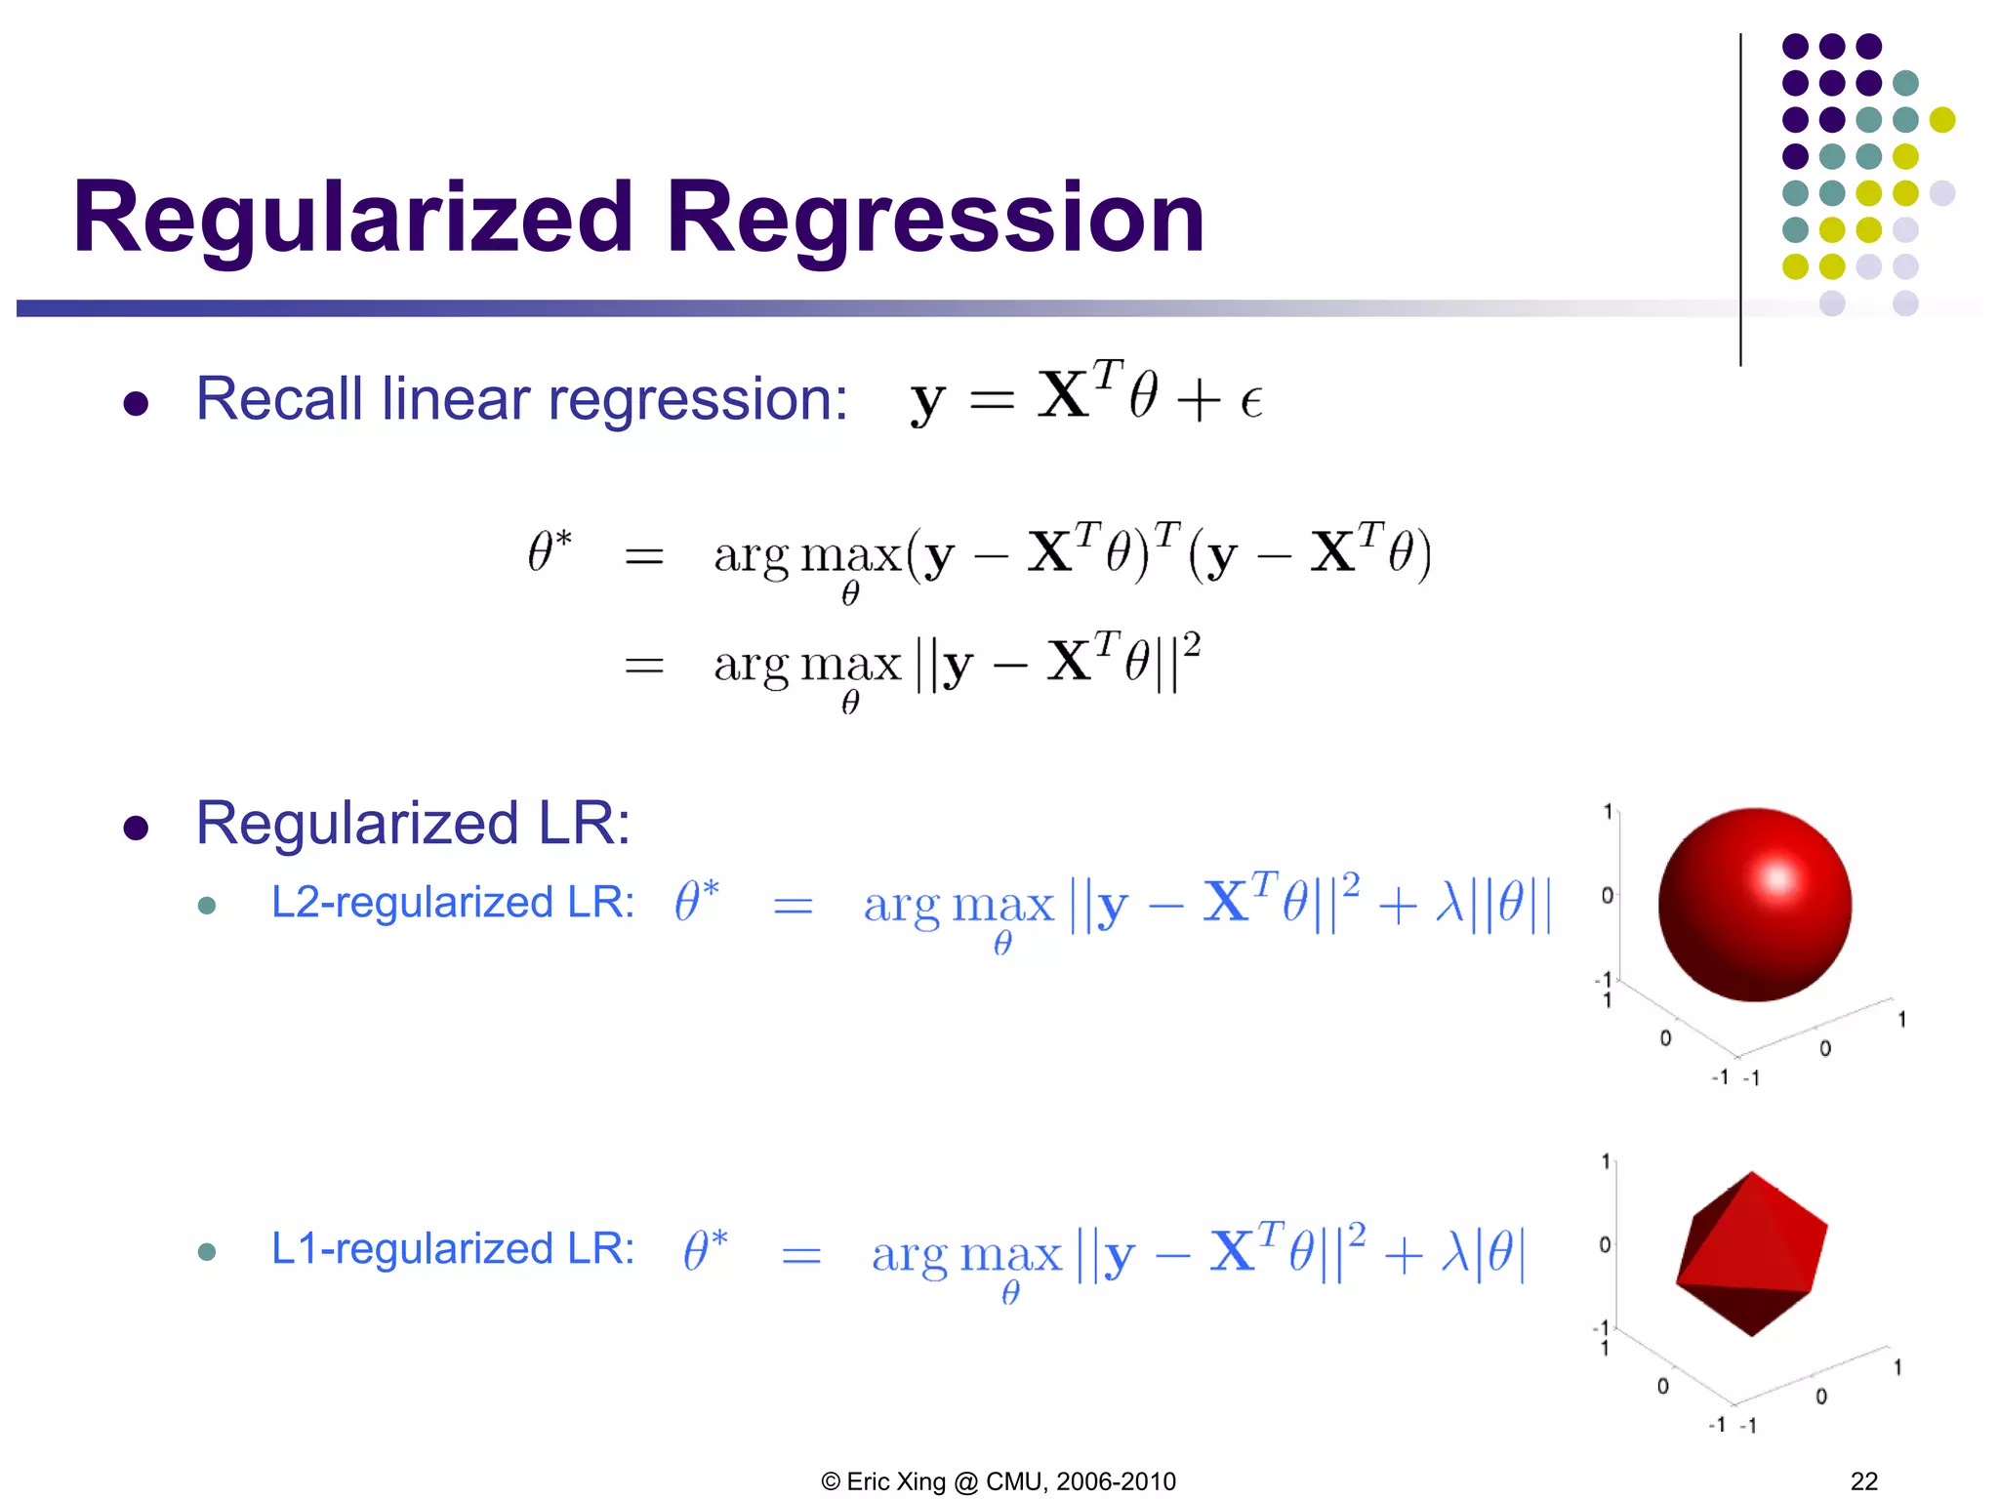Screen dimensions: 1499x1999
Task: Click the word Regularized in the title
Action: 353,219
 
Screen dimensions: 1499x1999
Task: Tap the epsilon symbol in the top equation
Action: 1251,401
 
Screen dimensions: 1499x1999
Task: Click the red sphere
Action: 1754,905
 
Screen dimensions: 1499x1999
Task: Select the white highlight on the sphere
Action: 1777,878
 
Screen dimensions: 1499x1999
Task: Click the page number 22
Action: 1863,1480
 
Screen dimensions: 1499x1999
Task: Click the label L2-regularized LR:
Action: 452,902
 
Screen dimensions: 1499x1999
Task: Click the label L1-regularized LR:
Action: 452,1248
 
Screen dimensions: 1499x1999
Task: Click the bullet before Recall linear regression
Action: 136,403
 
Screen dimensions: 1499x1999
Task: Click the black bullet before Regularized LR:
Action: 136,828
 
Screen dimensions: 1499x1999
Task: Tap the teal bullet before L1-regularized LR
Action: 206,1251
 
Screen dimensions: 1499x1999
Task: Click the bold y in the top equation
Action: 927,401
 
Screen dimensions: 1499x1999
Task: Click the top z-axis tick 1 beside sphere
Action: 1608,811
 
